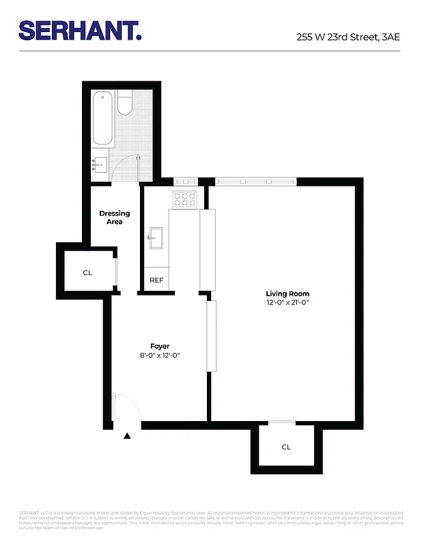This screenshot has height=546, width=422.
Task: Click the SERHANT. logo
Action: click(x=80, y=30)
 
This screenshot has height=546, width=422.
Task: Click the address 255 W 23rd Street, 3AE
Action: click(x=348, y=38)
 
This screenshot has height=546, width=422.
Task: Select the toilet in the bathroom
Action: click(x=124, y=104)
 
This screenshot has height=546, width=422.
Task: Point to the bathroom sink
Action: click(x=100, y=163)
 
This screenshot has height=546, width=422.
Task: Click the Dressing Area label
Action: click(x=114, y=217)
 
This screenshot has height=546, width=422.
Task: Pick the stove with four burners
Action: click(x=184, y=199)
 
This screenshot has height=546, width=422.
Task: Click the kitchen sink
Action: click(x=155, y=238)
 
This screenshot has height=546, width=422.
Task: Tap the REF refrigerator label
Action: click(x=156, y=280)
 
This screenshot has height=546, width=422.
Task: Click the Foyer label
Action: click(x=160, y=346)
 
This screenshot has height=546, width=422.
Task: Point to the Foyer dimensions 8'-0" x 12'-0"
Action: click(x=159, y=356)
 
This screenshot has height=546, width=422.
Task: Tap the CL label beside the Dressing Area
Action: click(x=87, y=272)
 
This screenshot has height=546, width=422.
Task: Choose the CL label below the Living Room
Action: click(x=286, y=447)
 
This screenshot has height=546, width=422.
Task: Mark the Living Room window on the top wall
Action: click(x=255, y=182)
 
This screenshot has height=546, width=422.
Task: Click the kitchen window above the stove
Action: click(x=185, y=182)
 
